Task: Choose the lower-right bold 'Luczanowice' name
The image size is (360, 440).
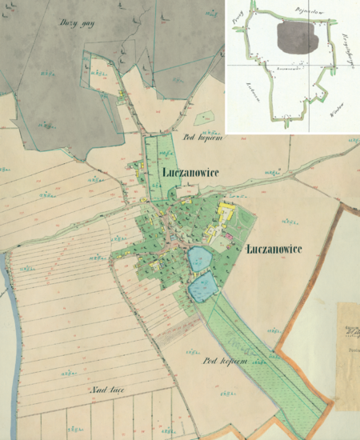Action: (274, 248)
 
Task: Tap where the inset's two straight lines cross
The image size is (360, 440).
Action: (307, 62)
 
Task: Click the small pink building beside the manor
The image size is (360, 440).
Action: (230, 235)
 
